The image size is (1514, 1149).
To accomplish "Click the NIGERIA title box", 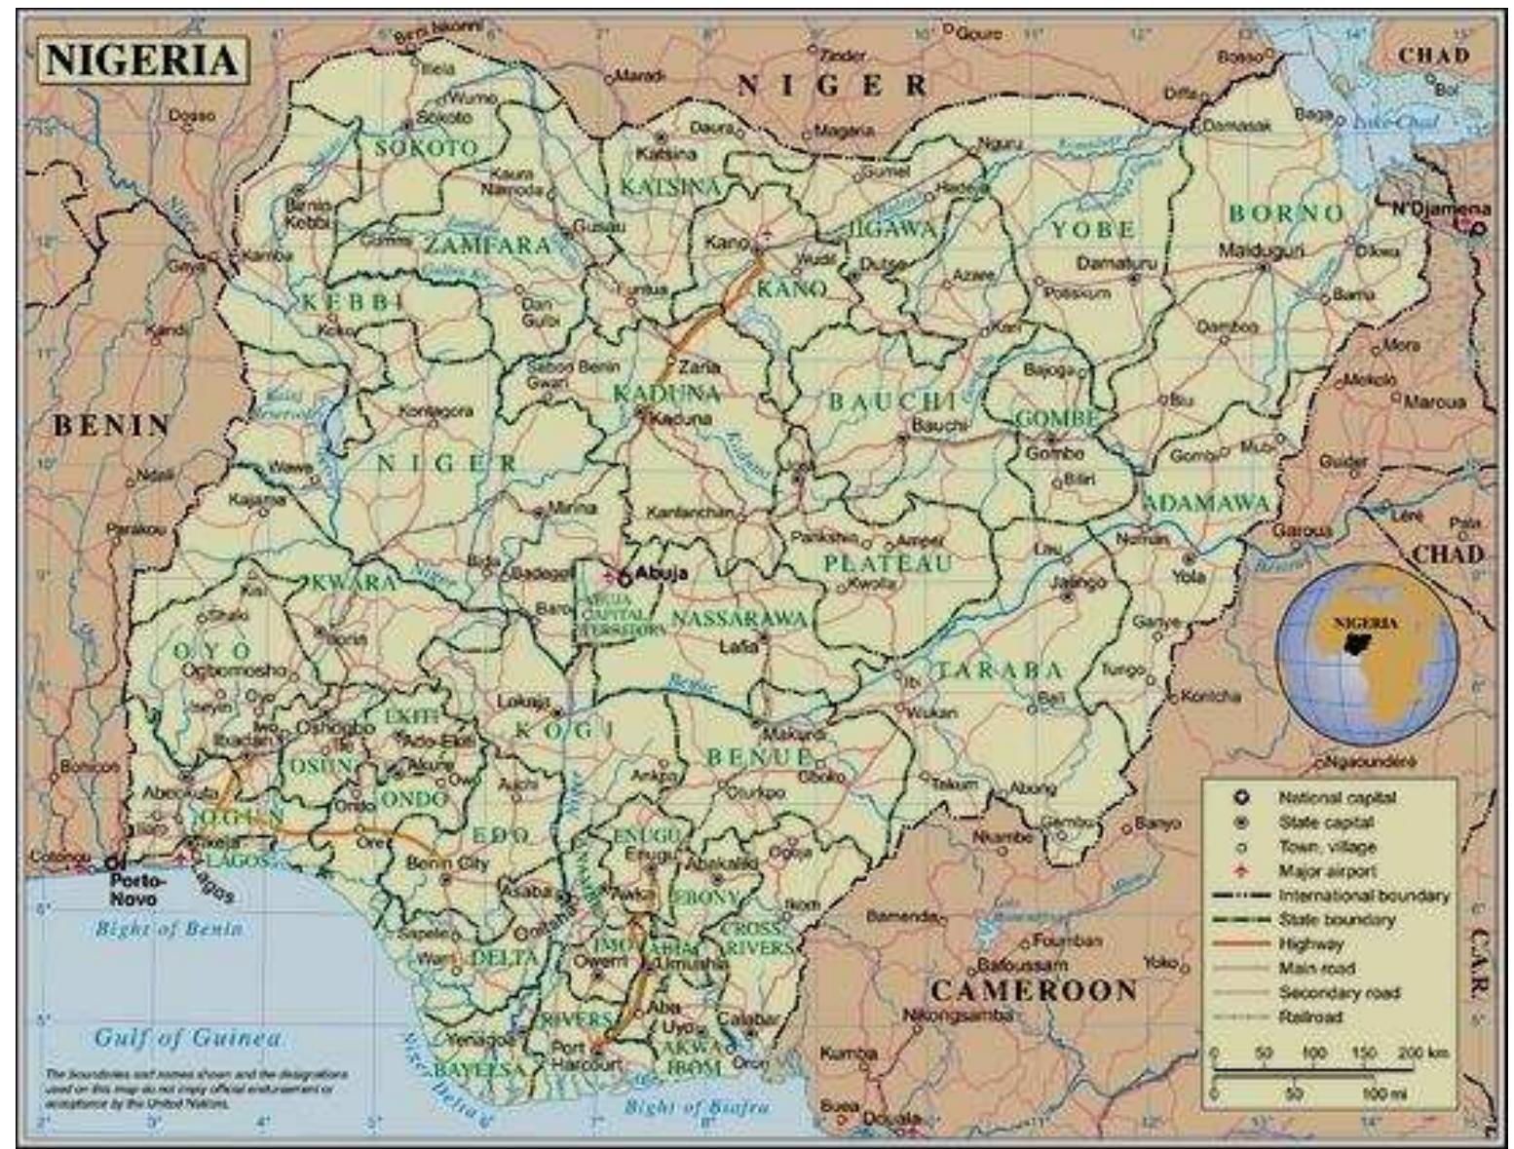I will (x=142, y=60).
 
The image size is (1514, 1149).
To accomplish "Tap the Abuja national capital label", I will (x=661, y=573).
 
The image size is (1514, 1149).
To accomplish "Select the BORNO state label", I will (x=1286, y=213).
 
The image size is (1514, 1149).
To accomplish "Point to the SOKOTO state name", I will (x=427, y=148).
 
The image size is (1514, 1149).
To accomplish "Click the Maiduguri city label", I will (x=1261, y=250).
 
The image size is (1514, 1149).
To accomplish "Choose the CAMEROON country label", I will (x=1034, y=991).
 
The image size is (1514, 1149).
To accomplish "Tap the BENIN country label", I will (x=111, y=425).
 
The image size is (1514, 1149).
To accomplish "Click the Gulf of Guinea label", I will (x=188, y=1038).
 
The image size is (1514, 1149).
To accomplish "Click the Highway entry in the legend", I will (x=1310, y=943).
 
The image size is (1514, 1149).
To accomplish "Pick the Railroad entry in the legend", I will (x=1310, y=1016).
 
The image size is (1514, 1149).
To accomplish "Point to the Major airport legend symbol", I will (x=1241, y=870).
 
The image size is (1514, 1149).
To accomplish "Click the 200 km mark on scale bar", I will (x=1423, y=1053).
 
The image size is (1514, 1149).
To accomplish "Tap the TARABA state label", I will (x=1000, y=670).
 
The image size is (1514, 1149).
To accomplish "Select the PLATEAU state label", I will (x=888, y=563).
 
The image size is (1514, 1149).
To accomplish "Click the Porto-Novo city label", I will (x=133, y=888).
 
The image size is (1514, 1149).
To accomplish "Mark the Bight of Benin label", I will (x=169, y=929).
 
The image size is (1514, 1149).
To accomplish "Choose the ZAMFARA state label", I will (x=487, y=246).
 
